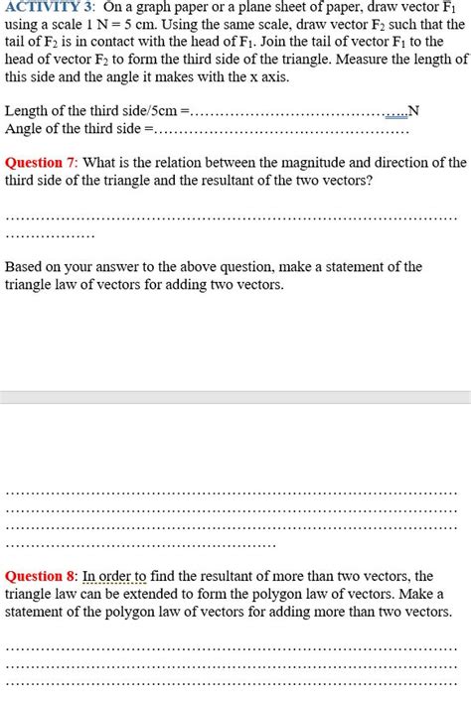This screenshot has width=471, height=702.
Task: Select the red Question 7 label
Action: point(40,162)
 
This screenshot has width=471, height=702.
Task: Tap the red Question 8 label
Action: point(40,576)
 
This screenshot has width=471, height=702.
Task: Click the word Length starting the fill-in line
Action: point(26,111)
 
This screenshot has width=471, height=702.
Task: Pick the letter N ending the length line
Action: point(414,111)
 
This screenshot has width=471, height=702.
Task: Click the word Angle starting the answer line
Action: point(25,128)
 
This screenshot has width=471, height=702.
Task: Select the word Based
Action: point(25,266)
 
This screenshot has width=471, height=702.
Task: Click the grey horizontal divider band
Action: point(235,396)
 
